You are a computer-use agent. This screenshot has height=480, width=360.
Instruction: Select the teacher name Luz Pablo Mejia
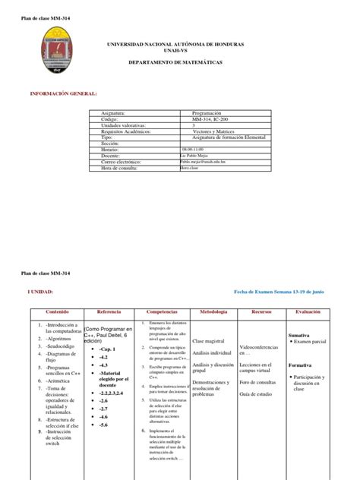[200, 156]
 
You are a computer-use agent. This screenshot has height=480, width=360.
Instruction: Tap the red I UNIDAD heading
[41, 291]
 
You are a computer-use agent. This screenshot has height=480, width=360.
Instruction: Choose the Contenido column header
[57, 312]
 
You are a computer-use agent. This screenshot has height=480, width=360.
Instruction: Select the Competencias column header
[162, 312]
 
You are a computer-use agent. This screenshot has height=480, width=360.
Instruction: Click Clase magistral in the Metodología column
[210, 342]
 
